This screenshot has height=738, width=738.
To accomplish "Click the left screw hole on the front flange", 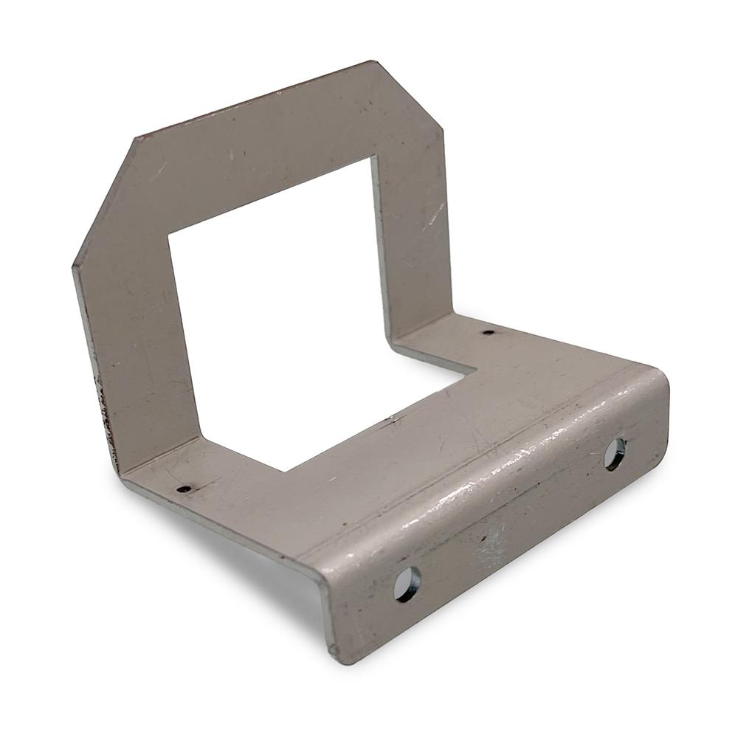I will [407, 584].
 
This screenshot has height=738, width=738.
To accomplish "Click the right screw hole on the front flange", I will [614, 454].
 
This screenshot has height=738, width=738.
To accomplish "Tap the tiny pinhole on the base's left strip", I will [184, 489].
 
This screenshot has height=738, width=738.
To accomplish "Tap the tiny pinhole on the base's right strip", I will [488, 332].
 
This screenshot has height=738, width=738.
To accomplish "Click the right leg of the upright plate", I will [413, 236].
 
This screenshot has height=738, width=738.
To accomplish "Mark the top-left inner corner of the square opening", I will [169, 235].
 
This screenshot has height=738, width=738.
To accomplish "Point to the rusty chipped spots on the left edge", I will [103, 406].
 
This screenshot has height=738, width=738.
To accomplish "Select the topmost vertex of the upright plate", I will [369, 62].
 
